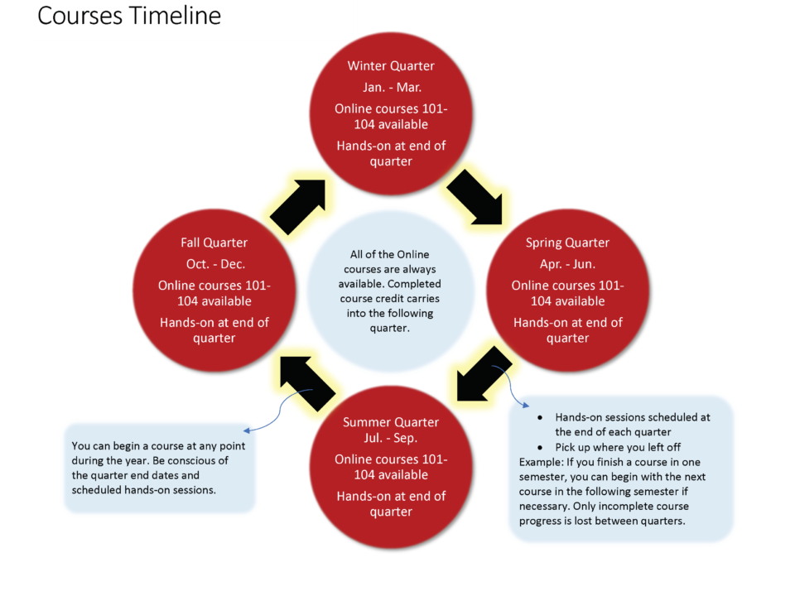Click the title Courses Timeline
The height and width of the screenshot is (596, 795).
pos(129,16)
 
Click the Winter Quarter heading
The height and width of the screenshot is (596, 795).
pos(391,66)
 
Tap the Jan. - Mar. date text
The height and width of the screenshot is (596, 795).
pos(392,87)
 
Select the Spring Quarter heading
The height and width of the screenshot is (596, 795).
pos(567,243)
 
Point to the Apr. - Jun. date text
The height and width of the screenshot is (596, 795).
pos(567,264)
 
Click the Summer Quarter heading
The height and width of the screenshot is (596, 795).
pos(391,422)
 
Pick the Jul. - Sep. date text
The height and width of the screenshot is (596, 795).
pos(390,438)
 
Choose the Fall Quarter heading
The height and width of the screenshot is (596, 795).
pos(214,243)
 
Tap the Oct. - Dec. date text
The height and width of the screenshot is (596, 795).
pos(215,264)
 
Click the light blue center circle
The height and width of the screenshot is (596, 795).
pos(390,291)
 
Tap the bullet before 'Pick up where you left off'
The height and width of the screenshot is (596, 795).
pos(540,448)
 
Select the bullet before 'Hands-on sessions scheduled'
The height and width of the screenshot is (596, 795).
pos(540,417)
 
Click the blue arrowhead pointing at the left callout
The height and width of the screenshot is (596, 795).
pos(247,430)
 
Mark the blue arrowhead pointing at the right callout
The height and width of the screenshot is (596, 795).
pos(527,406)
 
